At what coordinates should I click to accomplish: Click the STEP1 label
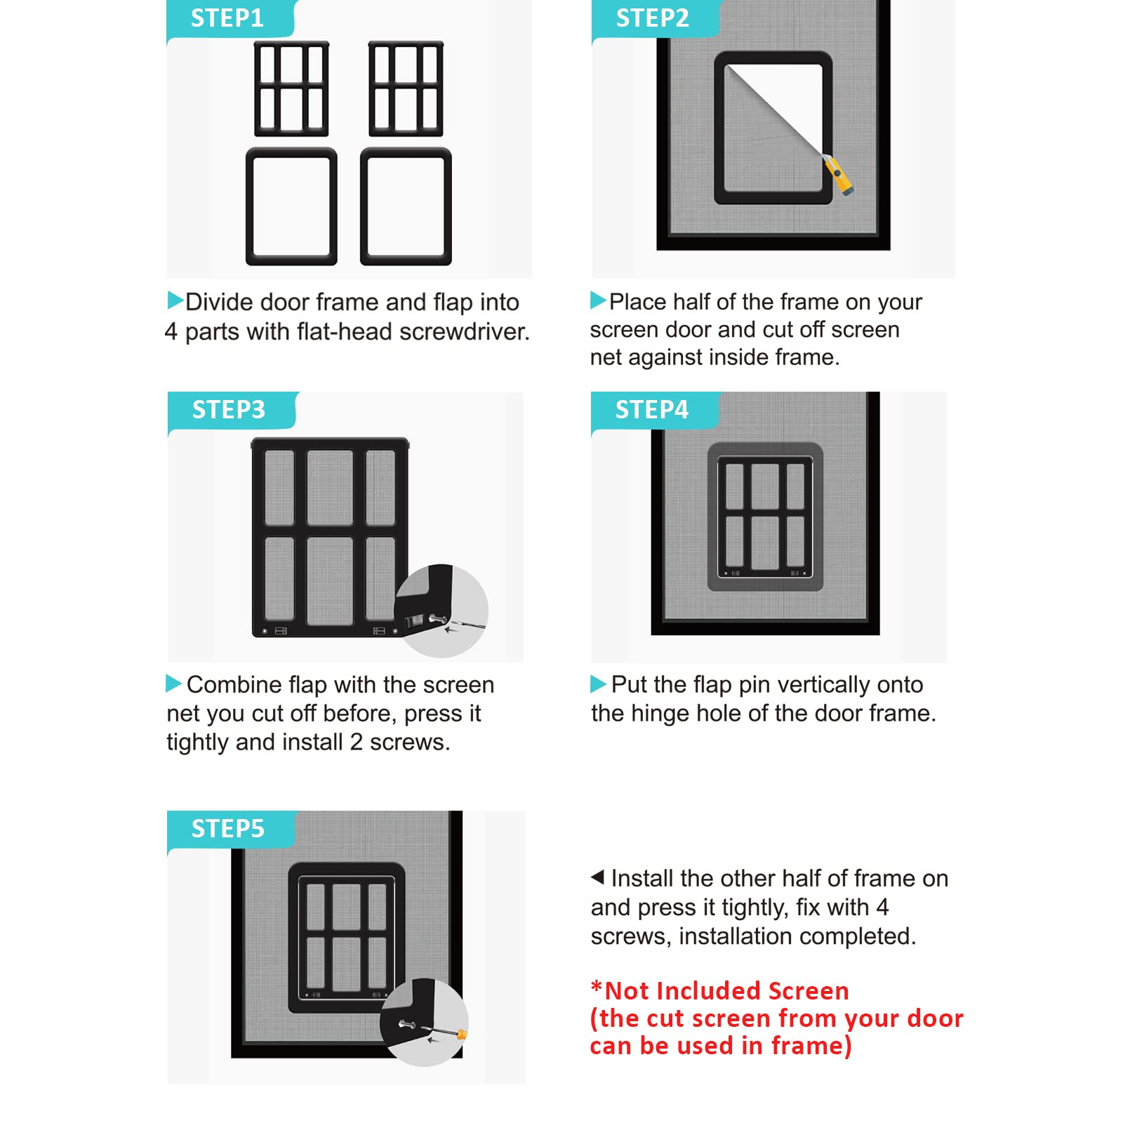[x=227, y=18]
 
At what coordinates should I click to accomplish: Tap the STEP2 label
[x=653, y=18]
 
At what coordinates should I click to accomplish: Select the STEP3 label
[x=229, y=410]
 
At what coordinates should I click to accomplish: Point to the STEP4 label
[x=652, y=410]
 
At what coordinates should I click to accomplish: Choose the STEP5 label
[x=228, y=829]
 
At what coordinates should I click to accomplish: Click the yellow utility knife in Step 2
[x=839, y=175]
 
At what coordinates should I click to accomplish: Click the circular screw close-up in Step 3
[x=441, y=611]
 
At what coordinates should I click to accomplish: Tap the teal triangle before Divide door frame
[x=175, y=300]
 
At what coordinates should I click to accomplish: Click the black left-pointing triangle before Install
[x=598, y=877]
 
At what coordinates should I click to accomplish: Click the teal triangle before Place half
[x=598, y=300]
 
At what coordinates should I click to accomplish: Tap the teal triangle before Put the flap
[x=598, y=684]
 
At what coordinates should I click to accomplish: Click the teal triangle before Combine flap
[x=173, y=683]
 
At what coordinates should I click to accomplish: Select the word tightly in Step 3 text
[x=198, y=743]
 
